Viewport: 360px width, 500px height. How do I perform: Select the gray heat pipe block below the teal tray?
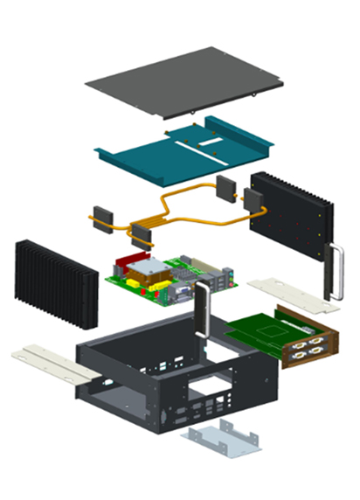pyautogui.click(x=225, y=187)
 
